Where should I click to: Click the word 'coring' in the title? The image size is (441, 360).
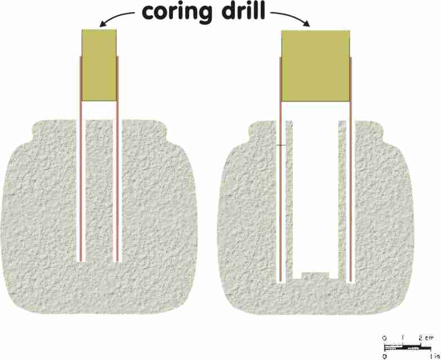176,12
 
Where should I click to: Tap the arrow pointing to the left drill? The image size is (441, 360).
117,18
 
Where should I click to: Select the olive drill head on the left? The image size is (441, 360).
99,65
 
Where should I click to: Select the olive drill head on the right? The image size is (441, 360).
315,66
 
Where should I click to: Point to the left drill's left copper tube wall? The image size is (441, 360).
81,159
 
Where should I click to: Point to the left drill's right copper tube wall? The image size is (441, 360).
118,159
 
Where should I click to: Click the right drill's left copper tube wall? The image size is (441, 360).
280,170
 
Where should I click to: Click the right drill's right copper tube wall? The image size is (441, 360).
350,170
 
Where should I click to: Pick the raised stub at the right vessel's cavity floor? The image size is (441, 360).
315,275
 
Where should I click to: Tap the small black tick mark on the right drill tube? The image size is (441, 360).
280,145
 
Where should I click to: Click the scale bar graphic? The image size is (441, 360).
408,348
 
